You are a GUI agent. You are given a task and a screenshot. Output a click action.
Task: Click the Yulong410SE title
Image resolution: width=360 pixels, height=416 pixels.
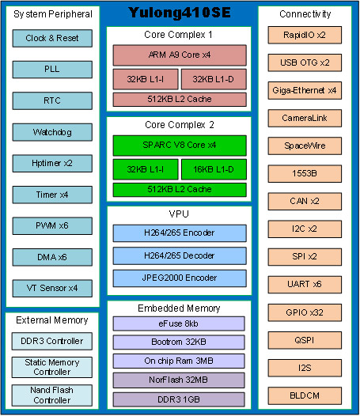pyautogui.click(x=180, y=13)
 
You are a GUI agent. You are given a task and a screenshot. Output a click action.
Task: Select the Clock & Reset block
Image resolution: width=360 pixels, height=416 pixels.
pyautogui.click(x=52, y=38)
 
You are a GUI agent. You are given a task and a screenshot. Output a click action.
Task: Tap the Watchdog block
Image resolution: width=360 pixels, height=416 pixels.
pyautogui.click(x=52, y=132)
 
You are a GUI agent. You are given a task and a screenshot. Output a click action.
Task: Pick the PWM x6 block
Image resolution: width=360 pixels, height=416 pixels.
pyautogui.click(x=52, y=225)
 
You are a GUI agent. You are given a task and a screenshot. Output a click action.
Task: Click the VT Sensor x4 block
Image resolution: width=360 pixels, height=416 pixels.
pyautogui.click(x=52, y=288)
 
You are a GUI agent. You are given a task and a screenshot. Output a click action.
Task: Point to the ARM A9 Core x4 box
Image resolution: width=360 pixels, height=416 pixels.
pyautogui.click(x=180, y=55)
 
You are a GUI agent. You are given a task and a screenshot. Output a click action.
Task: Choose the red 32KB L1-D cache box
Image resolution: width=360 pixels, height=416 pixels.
pyautogui.click(x=214, y=79)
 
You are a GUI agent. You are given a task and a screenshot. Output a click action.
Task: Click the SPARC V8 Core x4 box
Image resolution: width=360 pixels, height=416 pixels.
pyautogui.click(x=180, y=146)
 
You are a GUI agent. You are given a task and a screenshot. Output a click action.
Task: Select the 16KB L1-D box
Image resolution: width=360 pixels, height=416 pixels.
pyautogui.click(x=214, y=169)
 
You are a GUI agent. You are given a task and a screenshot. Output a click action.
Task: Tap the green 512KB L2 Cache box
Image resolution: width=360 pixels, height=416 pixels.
pyautogui.click(x=180, y=190)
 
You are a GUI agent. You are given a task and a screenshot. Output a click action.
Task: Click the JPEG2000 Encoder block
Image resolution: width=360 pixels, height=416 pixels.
pyautogui.click(x=180, y=278)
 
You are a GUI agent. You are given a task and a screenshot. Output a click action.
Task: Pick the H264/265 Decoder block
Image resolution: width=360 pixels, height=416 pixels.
pyautogui.click(x=180, y=255)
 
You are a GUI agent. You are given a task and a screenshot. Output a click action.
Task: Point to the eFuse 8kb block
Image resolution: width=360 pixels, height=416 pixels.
pyautogui.click(x=179, y=323)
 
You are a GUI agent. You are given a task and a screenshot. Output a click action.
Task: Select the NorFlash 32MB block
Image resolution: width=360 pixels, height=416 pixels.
pyautogui.click(x=179, y=380)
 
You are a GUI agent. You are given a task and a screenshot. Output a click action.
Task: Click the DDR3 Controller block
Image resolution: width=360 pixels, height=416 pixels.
pyautogui.click(x=52, y=341)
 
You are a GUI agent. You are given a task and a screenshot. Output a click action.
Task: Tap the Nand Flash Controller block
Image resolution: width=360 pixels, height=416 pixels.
pyautogui.click(x=52, y=395)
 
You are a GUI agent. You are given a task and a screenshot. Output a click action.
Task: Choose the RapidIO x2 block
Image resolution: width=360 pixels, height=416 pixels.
pyautogui.click(x=305, y=35)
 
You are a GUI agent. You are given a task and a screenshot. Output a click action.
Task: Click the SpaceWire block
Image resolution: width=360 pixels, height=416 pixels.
pyautogui.click(x=305, y=146)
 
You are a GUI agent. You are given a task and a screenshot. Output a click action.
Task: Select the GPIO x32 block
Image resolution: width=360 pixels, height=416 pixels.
pyautogui.click(x=305, y=313)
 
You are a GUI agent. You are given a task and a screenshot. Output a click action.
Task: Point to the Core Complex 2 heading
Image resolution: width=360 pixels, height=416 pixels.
pyautogui.click(x=180, y=125)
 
